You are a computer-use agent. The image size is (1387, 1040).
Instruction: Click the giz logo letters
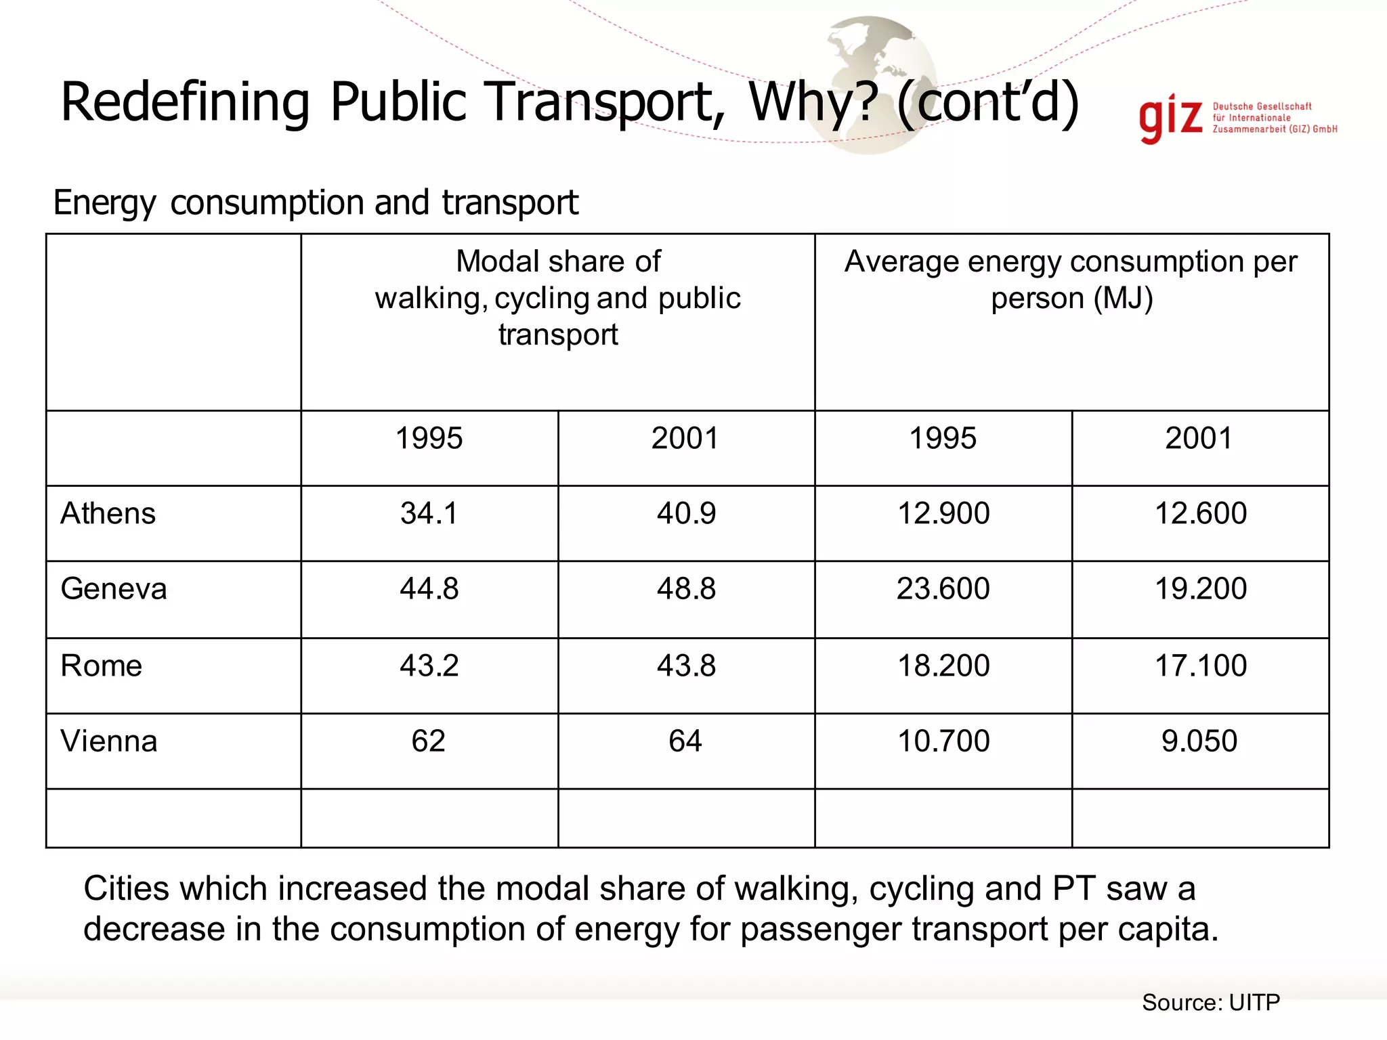click(x=1170, y=121)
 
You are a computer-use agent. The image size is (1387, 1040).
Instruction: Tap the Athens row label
click(x=108, y=513)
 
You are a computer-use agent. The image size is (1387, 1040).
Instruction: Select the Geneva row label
click(x=113, y=588)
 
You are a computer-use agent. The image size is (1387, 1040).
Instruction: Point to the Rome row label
click(x=101, y=666)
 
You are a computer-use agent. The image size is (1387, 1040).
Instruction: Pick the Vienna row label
click(x=108, y=741)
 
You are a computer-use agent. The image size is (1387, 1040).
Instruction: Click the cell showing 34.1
click(x=429, y=513)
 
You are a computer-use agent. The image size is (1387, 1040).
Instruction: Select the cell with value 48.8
click(x=686, y=588)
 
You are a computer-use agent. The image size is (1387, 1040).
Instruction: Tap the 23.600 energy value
click(x=943, y=588)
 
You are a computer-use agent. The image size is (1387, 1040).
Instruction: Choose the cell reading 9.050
click(x=1199, y=741)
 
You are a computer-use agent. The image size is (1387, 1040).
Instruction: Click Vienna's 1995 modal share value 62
click(x=428, y=741)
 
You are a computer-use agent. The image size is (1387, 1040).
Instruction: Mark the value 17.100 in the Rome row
click(x=1200, y=666)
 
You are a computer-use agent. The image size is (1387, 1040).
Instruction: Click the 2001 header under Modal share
click(x=685, y=438)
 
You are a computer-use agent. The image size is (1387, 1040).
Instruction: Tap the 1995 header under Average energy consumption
click(x=943, y=438)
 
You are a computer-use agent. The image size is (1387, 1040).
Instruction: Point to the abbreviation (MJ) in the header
click(x=1123, y=299)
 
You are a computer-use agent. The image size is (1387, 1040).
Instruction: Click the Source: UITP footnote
click(x=1210, y=1002)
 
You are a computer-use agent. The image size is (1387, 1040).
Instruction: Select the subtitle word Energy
click(x=104, y=203)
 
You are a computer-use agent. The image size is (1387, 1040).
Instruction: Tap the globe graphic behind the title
click(x=874, y=61)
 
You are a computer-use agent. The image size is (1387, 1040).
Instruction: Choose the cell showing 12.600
click(x=1200, y=513)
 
